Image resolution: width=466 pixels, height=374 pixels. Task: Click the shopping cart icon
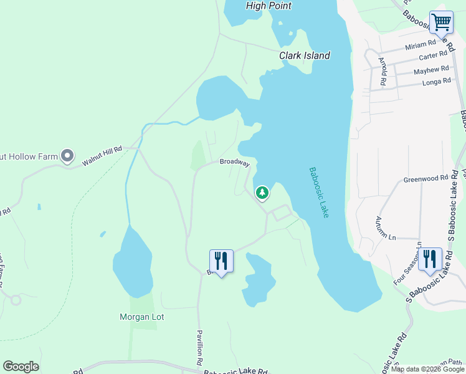[441, 22]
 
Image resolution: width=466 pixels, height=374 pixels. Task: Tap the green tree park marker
[262, 193]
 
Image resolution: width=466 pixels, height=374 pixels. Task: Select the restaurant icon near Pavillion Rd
[221, 260]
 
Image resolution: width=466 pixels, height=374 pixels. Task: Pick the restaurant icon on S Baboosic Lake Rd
[430, 258]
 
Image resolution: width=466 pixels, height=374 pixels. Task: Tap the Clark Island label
[304, 55]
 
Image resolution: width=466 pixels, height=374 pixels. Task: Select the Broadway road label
[234, 163]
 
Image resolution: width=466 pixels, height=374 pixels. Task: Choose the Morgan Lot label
[141, 317]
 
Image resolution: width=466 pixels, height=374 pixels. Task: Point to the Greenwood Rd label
[426, 179]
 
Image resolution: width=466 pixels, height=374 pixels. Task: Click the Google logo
[21, 367]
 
